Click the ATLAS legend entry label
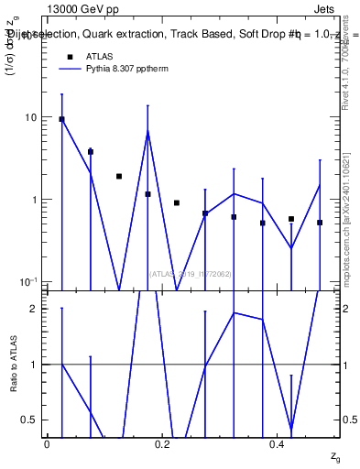[x=100, y=56]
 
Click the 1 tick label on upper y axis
[x=34, y=200]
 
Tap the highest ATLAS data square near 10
[x=61, y=119]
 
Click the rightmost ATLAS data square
[x=320, y=223]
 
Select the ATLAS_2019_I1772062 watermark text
[x=190, y=273]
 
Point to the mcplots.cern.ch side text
[x=348, y=220]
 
